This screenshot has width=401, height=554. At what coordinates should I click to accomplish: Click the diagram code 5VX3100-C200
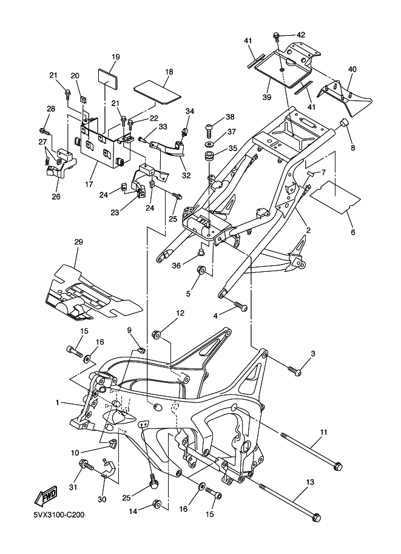click(59, 516)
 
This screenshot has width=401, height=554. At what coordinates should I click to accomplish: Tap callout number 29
click(78, 242)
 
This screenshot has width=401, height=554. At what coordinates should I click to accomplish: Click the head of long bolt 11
click(337, 467)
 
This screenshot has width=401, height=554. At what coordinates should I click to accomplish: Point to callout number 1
click(58, 402)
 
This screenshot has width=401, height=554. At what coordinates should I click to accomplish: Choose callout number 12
click(180, 313)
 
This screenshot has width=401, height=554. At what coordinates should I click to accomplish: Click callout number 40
click(352, 69)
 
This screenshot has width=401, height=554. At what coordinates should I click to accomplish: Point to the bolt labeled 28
click(44, 130)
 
